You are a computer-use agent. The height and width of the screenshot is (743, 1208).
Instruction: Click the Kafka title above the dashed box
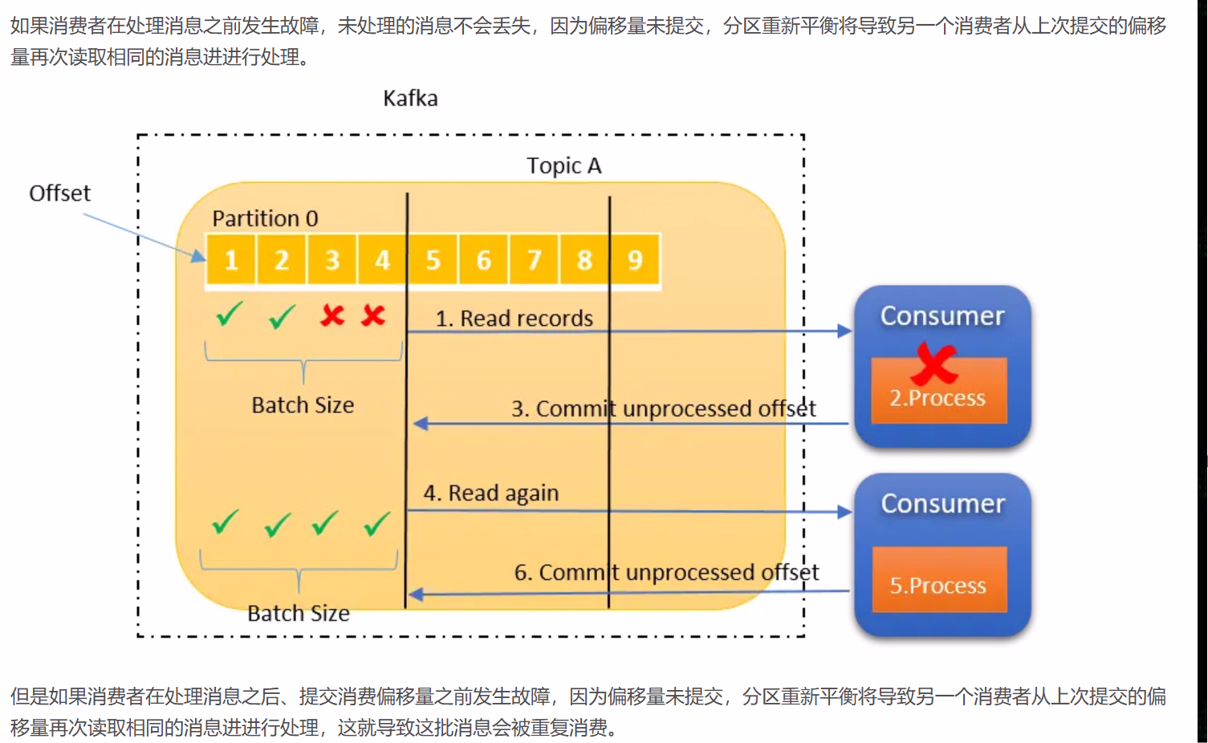[x=410, y=99]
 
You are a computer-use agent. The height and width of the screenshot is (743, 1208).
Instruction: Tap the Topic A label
[x=563, y=166]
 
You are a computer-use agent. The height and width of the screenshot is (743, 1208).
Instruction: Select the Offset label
[x=60, y=193]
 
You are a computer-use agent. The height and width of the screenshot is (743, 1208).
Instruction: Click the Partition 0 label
[x=265, y=218]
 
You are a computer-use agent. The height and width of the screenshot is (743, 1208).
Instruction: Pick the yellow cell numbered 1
[x=231, y=260]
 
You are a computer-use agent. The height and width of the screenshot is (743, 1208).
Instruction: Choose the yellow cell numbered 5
[x=433, y=260]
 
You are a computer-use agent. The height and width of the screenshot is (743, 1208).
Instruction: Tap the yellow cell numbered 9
[x=635, y=260]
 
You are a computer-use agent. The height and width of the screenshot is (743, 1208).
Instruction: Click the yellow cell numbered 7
[x=534, y=260]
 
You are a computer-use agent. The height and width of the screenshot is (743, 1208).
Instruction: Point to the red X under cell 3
[x=332, y=315]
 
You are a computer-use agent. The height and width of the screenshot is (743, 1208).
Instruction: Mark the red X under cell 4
[x=373, y=315]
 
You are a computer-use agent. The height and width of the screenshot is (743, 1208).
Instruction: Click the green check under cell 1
[x=230, y=314]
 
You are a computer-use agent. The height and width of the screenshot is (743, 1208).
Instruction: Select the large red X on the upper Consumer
[x=934, y=363]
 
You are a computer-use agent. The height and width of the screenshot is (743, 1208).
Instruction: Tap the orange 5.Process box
[x=938, y=585]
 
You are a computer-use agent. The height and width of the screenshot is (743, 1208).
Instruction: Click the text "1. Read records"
[x=514, y=319]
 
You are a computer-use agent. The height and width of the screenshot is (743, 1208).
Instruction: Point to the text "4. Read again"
[x=491, y=493]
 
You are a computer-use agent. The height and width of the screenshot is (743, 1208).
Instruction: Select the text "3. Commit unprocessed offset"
[x=663, y=409]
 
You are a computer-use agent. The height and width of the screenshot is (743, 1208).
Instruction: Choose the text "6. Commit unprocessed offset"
[x=666, y=572]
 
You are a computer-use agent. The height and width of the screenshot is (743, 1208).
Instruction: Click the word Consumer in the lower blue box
[x=943, y=504]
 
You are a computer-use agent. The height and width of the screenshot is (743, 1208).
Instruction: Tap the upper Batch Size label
[x=303, y=405]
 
